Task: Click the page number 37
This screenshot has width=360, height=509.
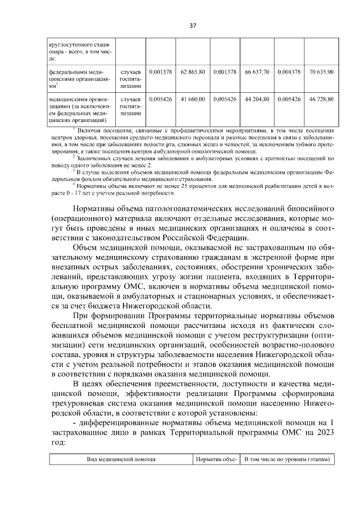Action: coord(192,26)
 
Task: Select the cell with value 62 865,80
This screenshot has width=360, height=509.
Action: coord(193,72)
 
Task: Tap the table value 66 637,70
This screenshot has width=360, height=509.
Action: coord(257,72)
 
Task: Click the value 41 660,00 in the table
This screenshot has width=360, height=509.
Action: coord(193,99)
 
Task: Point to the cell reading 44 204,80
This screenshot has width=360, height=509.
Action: coord(257,99)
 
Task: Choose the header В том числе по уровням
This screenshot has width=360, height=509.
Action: coord(287,460)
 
